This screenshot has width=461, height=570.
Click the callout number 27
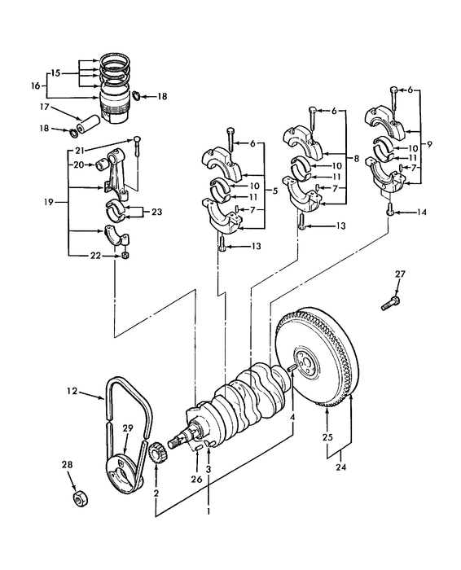(399, 274)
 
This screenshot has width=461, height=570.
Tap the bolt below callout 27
(389, 305)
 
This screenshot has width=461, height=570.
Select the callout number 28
(68, 464)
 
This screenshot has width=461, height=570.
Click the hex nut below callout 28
(81, 498)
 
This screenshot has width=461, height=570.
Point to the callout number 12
(71, 392)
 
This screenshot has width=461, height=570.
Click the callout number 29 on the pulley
(127, 428)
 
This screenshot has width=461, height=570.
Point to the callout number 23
(157, 213)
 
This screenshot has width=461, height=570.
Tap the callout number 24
(339, 467)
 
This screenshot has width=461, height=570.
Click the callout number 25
(327, 437)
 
